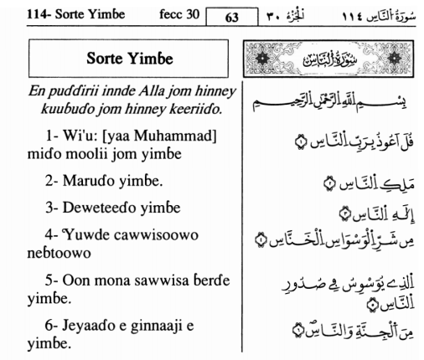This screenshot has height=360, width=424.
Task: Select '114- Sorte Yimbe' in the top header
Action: (52, 11)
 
